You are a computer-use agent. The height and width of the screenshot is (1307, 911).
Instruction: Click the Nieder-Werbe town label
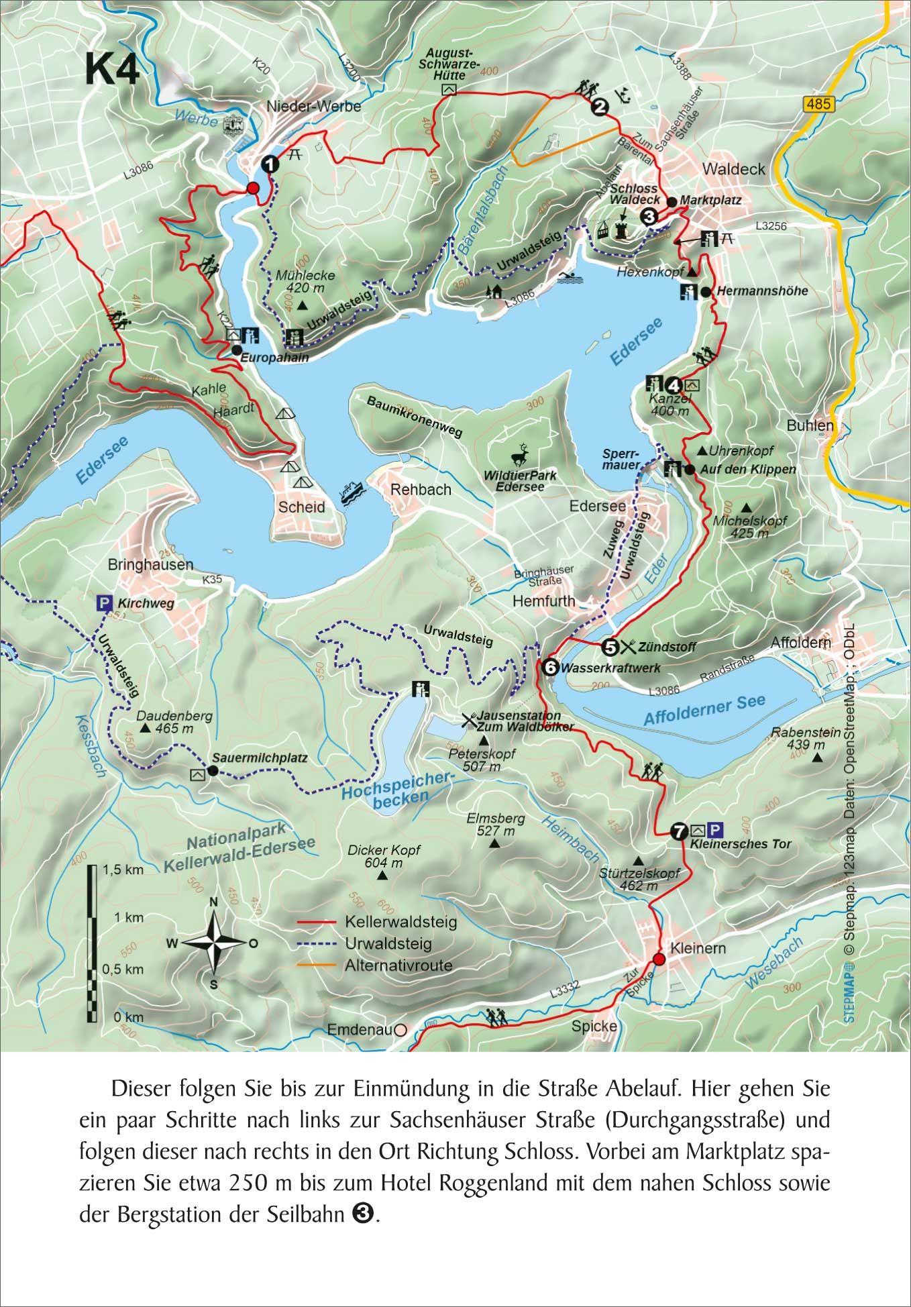[313, 106]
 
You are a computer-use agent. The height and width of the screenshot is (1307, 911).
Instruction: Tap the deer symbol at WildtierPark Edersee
[520, 456]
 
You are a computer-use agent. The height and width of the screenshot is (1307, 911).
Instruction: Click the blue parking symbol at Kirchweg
[105, 602]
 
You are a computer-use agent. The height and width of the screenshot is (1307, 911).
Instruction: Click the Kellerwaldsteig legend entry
[400, 921]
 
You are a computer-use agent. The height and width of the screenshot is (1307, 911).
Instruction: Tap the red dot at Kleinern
[658, 959]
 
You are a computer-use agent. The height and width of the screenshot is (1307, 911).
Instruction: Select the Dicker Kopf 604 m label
[384, 855]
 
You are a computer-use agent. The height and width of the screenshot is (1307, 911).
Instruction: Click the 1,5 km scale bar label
[123, 870]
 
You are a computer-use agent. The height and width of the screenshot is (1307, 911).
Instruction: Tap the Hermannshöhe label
[762, 291]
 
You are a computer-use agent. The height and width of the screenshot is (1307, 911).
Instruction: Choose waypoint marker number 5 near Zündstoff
[610, 647]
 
